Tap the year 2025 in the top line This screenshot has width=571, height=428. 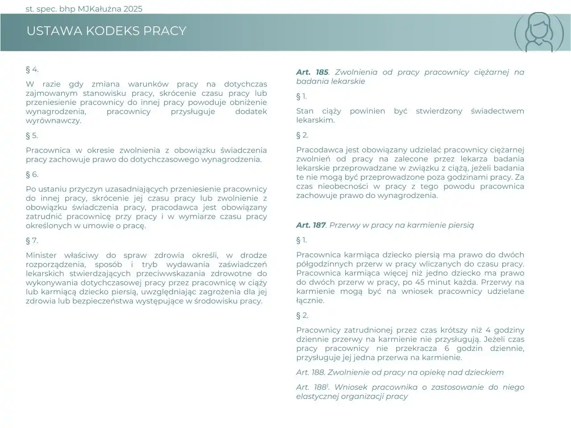132,8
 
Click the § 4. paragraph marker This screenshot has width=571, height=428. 32,69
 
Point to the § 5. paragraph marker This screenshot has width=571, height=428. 32,136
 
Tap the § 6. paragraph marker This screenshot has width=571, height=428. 32,174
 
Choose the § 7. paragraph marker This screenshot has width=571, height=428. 32,241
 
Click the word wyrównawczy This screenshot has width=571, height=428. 54,121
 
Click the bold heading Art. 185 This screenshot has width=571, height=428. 312,72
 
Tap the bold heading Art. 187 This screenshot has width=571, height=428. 311,225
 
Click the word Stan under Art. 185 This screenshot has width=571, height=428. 305,111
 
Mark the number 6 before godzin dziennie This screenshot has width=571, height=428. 447,349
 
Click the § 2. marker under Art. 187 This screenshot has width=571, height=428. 302,316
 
